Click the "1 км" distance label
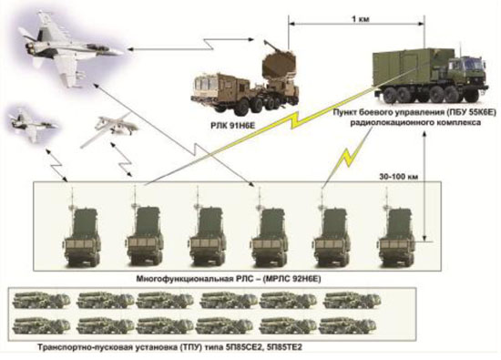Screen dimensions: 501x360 360,19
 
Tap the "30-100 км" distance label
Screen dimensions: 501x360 398,177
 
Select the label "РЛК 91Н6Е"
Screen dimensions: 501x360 233,126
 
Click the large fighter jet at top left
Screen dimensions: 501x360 70,48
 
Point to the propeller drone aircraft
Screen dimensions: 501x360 109,128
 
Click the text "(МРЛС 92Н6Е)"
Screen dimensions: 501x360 291,279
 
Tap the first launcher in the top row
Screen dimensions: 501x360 42,300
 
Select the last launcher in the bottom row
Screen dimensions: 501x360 347,325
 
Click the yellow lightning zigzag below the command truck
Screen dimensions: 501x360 350,156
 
